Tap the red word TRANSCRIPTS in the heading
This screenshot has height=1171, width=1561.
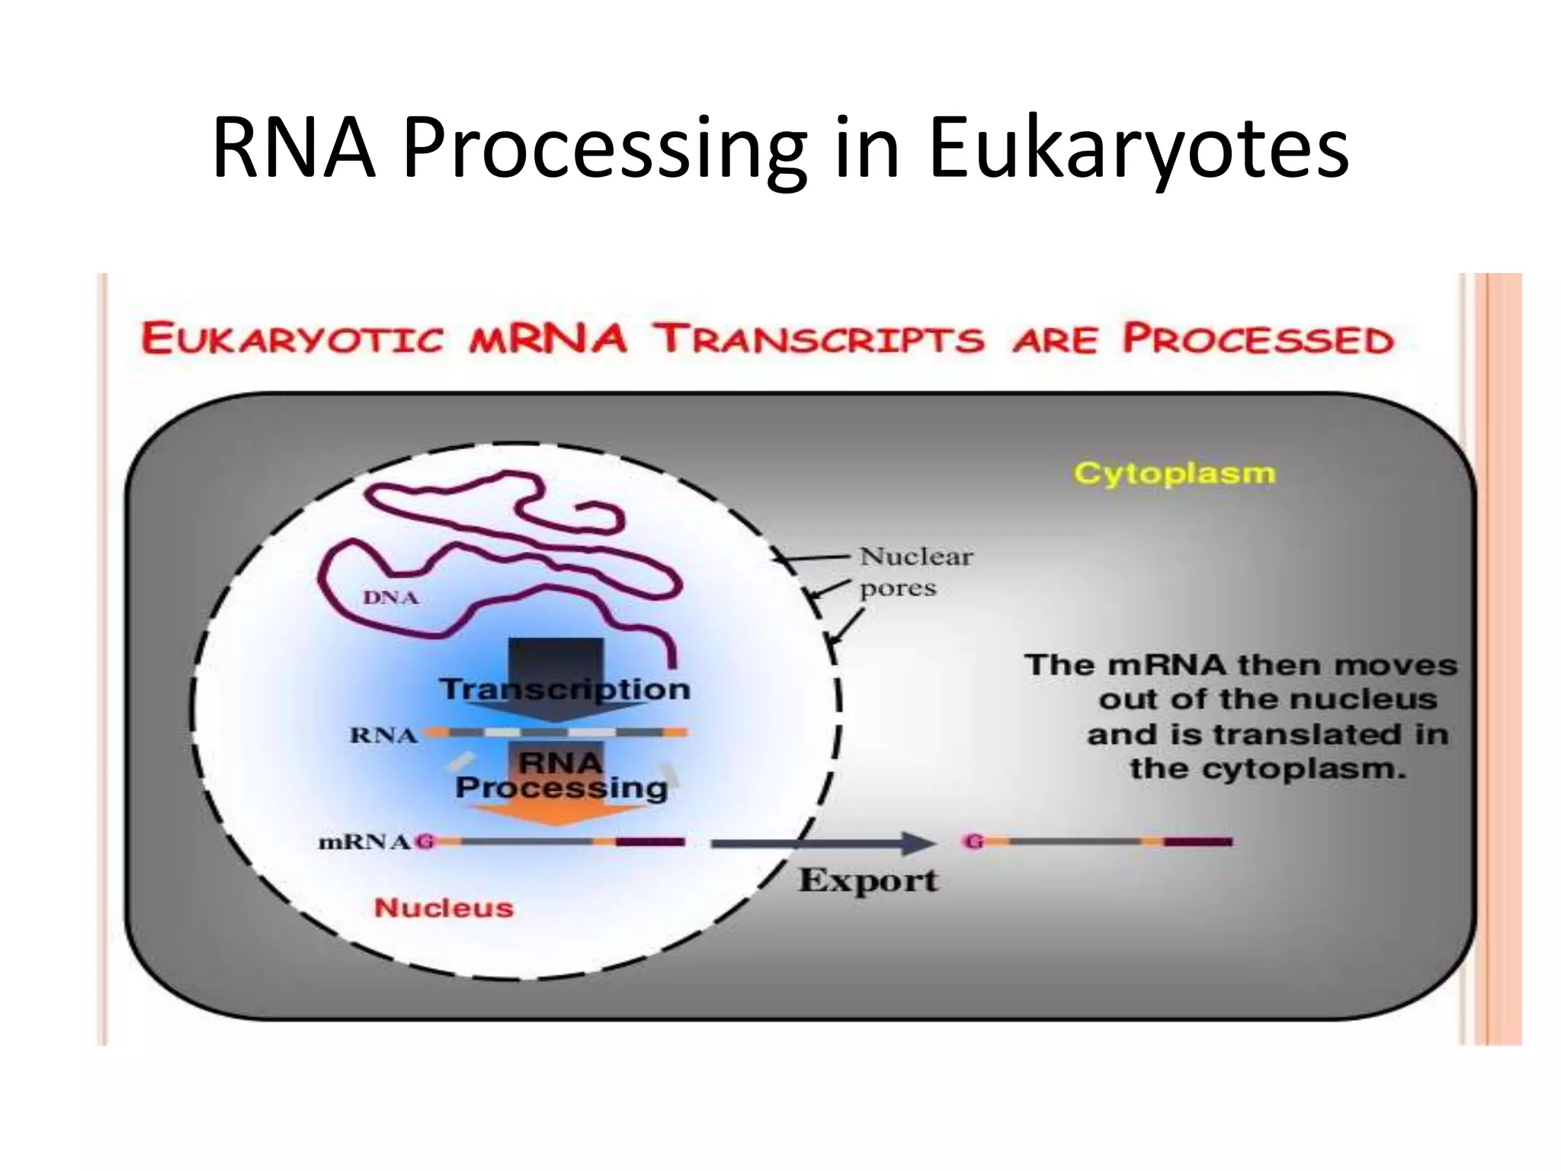(822, 339)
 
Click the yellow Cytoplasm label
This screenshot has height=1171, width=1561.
(1174, 473)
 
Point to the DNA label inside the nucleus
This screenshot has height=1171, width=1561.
(391, 598)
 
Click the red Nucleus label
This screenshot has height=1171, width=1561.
(444, 908)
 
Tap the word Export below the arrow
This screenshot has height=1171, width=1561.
(867, 881)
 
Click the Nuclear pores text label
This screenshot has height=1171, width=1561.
(915, 572)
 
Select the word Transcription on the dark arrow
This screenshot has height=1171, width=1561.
(565, 689)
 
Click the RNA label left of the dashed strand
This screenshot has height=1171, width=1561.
(383, 736)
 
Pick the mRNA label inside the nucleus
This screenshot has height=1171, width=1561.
(364, 842)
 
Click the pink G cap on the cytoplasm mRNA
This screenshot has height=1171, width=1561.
(973, 842)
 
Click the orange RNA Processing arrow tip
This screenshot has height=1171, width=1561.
(557, 817)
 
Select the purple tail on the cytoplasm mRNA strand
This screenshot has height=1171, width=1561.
(1198, 842)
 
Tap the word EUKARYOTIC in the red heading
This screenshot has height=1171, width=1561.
(292, 339)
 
